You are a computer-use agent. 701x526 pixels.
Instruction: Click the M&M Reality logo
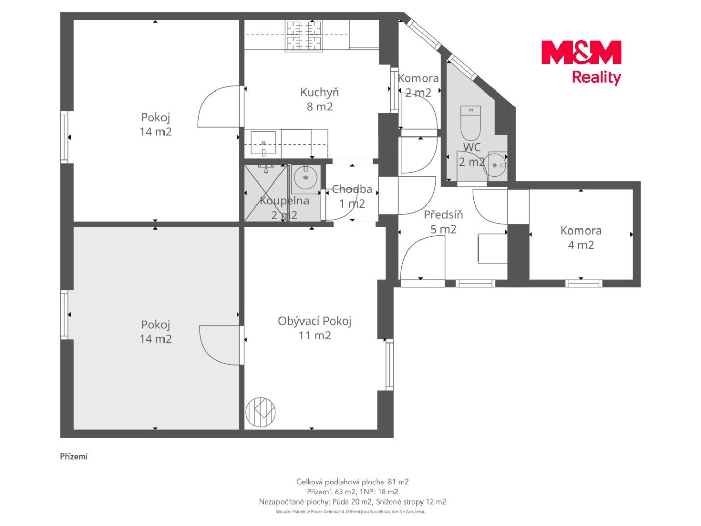pos(581,62)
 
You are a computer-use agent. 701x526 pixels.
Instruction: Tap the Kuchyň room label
pos(319,99)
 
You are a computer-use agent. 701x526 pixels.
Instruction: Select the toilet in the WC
pos(471,123)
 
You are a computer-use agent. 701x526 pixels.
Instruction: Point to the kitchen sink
pos(263,143)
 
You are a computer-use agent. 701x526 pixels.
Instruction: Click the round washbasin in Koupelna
pos(306,177)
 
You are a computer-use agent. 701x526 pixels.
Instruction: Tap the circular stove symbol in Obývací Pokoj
pos(261,412)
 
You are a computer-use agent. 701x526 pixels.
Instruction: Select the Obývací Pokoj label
pos(315,328)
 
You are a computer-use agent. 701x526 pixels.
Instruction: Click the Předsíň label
pos(443,222)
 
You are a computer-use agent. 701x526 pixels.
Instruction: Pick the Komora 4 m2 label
pos(580,238)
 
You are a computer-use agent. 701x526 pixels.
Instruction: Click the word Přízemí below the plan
pos(74,456)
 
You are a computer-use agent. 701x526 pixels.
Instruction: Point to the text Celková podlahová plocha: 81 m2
pos(352,482)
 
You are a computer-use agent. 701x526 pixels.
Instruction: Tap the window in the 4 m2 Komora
pos(583,283)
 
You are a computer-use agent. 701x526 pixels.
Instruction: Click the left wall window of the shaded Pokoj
pos(65,314)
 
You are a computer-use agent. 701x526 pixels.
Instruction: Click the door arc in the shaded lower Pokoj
pos(219,345)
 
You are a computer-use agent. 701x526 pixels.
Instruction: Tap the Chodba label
pos(352,196)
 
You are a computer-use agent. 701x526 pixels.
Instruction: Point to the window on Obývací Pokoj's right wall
pos(390,364)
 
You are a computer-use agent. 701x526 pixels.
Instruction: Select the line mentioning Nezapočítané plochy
pos(352,501)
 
